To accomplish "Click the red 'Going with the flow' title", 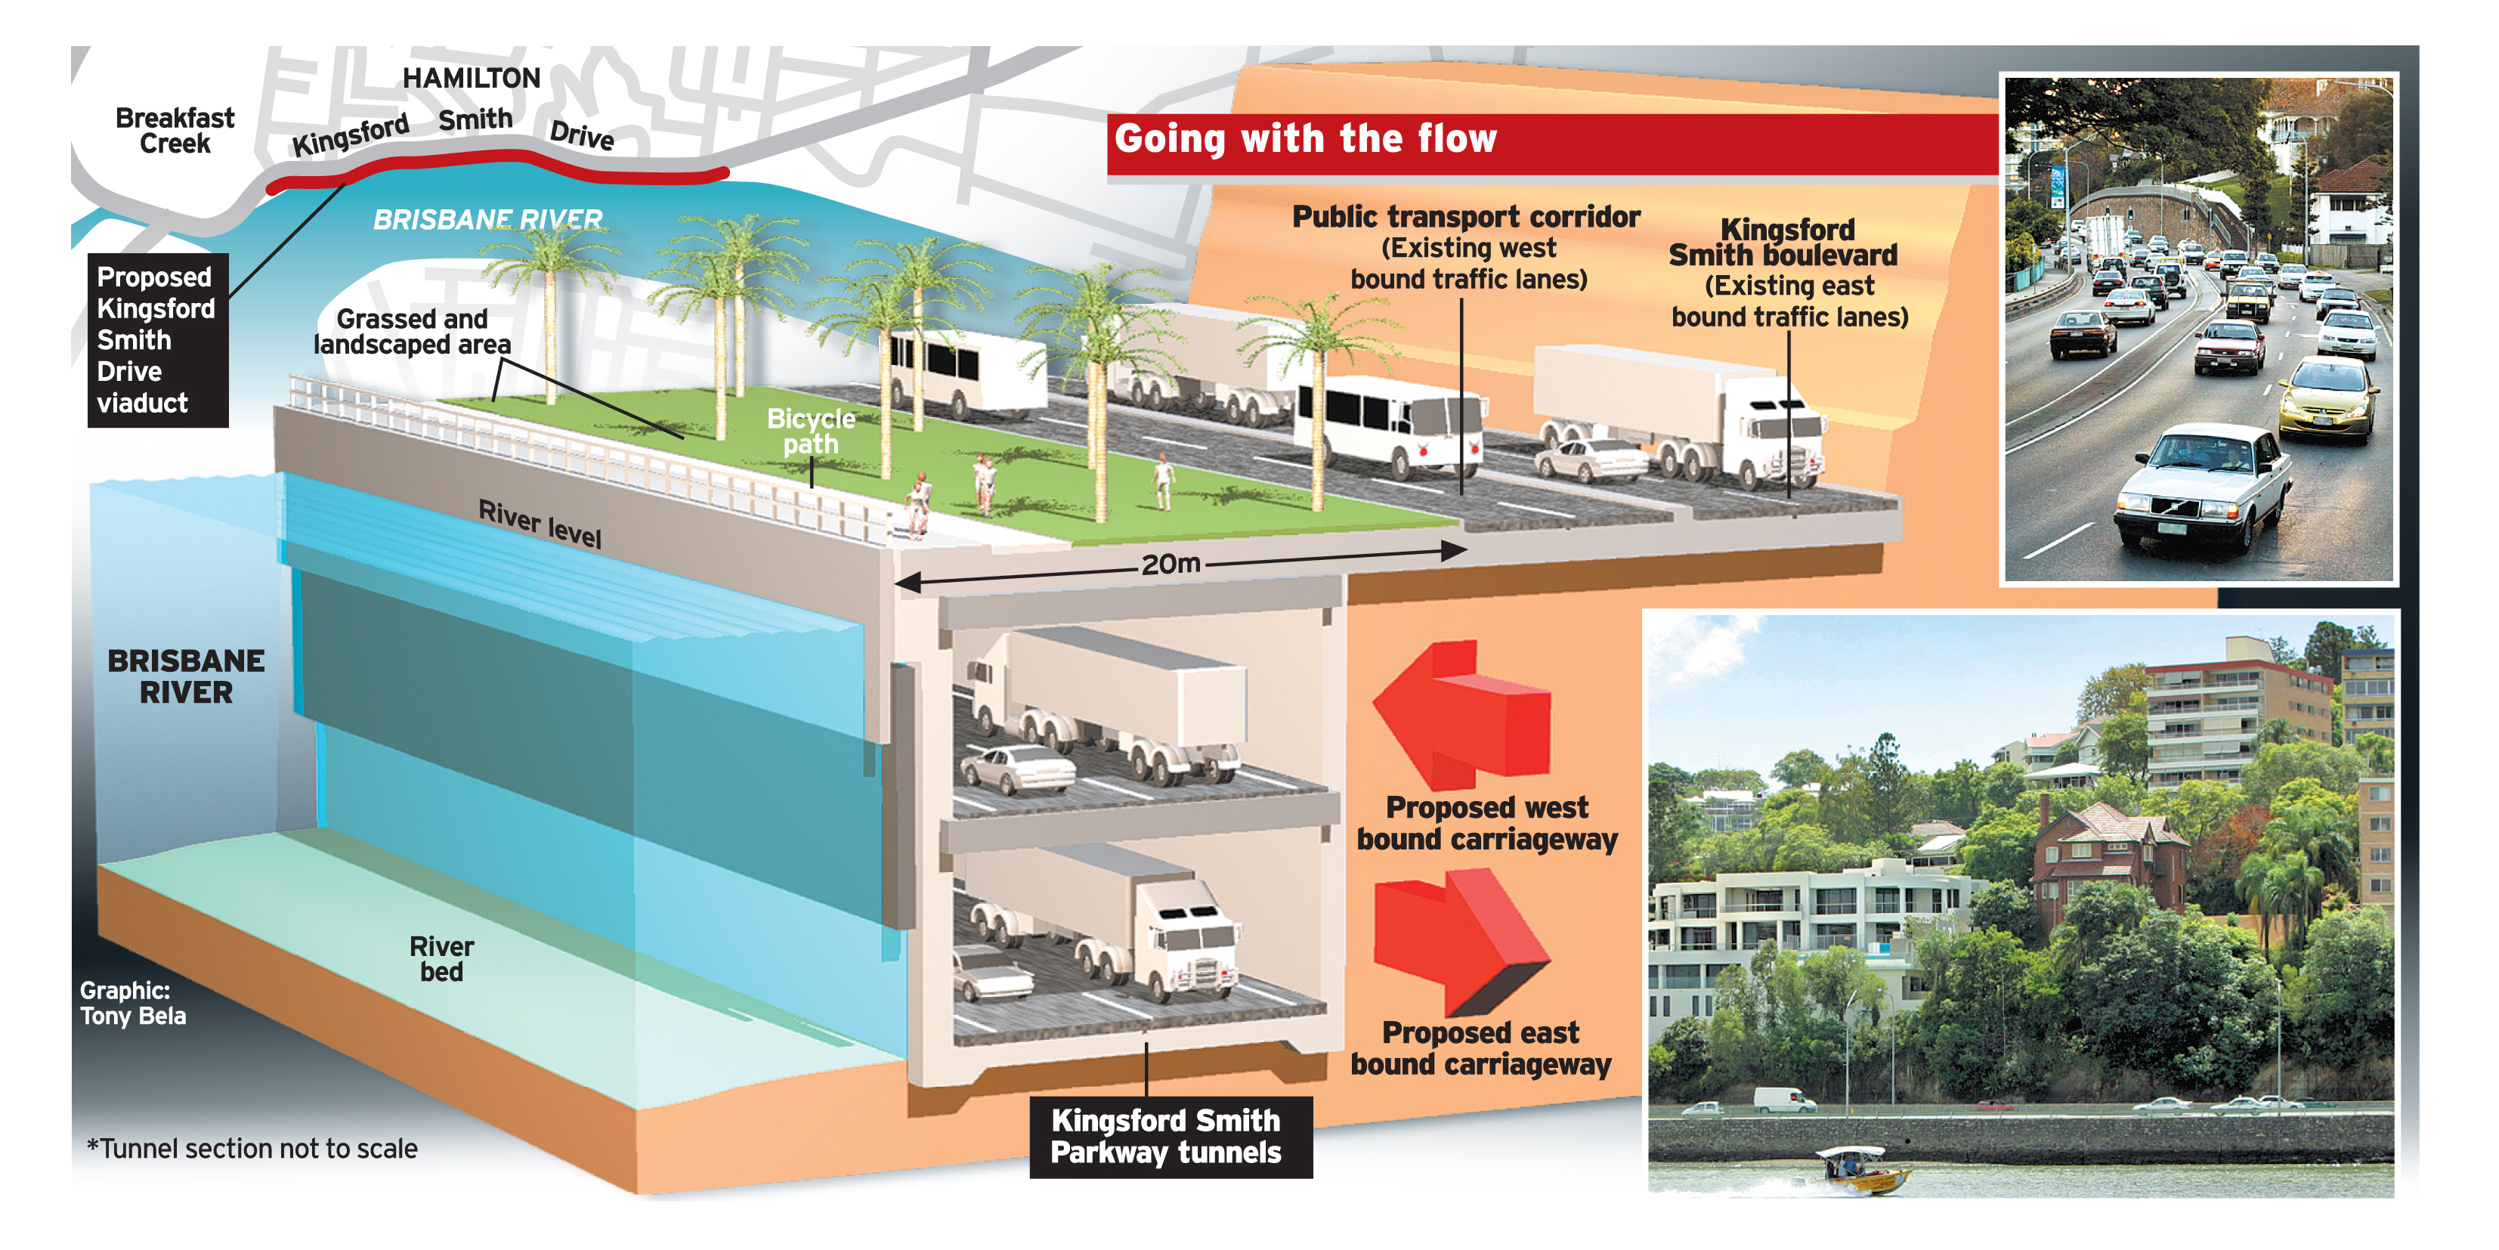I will pyautogui.click(x=1305, y=139).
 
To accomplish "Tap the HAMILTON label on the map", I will pyautogui.click(x=472, y=78).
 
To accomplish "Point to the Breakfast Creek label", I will pyautogui.click(x=175, y=130).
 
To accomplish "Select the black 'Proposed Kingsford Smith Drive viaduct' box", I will pyautogui.click(x=157, y=339).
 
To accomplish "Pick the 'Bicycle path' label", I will pyautogui.click(x=811, y=432).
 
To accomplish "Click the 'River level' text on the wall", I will pyautogui.click(x=540, y=524).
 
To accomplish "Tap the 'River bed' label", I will pyautogui.click(x=441, y=959).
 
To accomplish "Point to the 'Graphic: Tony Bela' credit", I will pyautogui.click(x=132, y=1004).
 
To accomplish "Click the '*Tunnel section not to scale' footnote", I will pyautogui.click(x=252, y=1149).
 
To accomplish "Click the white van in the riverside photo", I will pyautogui.click(x=1783, y=1100).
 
